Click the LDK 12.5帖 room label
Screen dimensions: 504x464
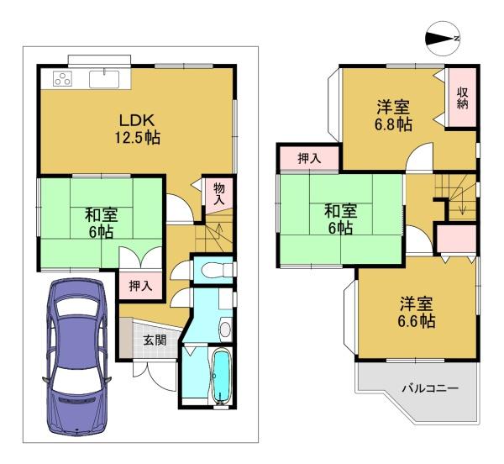(x=138, y=129)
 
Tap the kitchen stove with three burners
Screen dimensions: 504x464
(x=63, y=79)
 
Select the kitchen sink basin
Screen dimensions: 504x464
(x=104, y=79)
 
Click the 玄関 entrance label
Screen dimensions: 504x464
(x=155, y=340)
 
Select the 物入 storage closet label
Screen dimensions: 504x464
(x=219, y=193)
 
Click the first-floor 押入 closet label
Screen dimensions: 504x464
(x=140, y=286)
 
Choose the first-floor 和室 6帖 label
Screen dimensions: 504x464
(x=102, y=223)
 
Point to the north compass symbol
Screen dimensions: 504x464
(x=443, y=39)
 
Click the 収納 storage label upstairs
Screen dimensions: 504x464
(x=463, y=98)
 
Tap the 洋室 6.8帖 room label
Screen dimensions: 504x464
(x=393, y=115)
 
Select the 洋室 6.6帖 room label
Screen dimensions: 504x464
(x=417, y=312)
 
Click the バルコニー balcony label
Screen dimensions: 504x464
(x=430, y=388)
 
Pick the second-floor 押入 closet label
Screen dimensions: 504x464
(x=309, y=158)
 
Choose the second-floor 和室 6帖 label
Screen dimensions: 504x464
(x=340, y=219)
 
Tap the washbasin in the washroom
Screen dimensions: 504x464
(x=225, y=329)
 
